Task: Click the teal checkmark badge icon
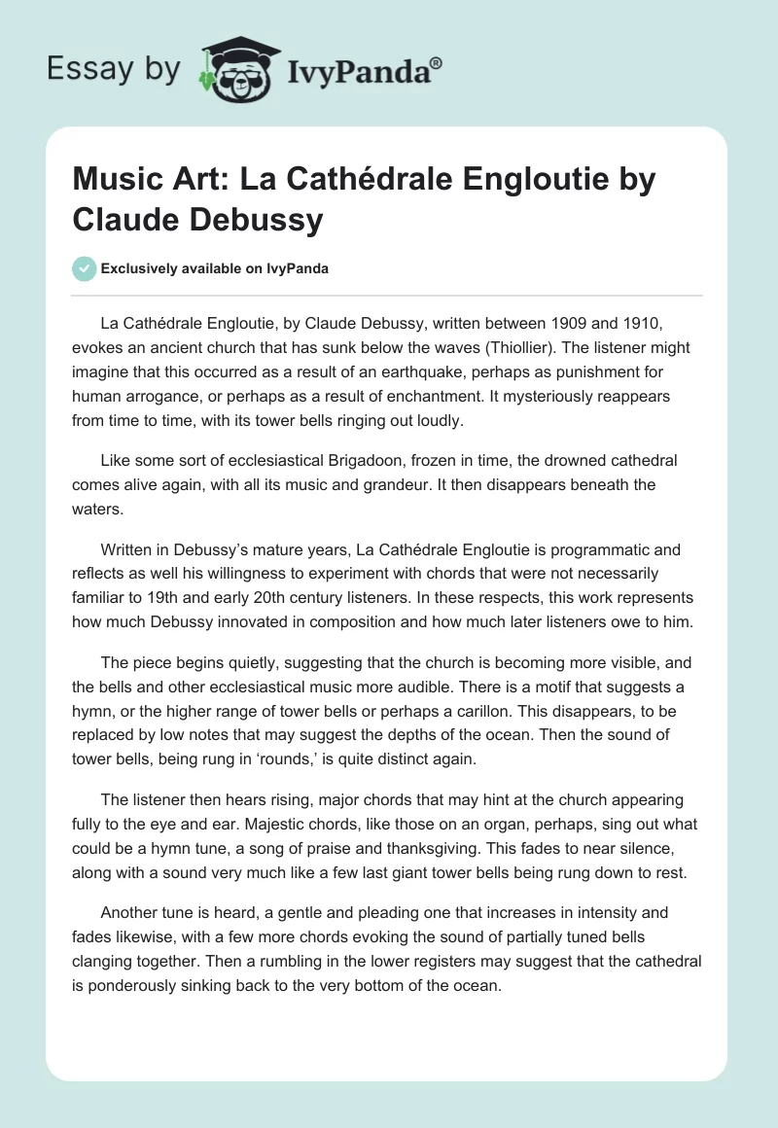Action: coord(85,268)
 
